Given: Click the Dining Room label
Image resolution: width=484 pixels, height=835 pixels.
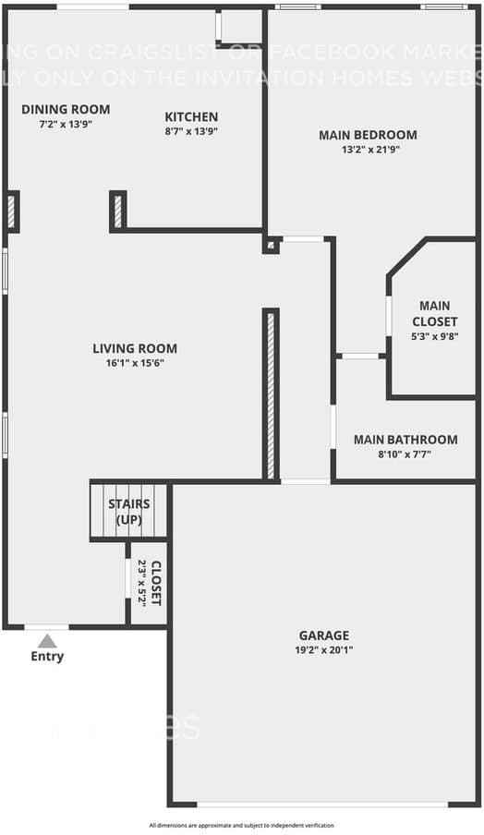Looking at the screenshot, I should coord(57,109).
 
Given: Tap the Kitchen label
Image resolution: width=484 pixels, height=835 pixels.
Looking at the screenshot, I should coord(191,116).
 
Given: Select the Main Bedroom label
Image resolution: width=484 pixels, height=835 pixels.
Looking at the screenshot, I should coord(368,135).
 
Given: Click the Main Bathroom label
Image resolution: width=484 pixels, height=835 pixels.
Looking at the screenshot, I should coord(405,440).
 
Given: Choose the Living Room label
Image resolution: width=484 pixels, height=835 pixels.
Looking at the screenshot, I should coord(135,348).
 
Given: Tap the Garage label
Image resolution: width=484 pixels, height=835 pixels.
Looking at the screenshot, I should coord(323,635).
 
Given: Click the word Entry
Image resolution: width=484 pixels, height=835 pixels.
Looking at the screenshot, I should coord(48,657).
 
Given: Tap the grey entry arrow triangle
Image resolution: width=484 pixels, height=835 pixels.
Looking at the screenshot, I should coord(47,640).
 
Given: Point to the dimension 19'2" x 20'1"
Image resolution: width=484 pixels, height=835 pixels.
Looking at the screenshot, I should coord(323,650).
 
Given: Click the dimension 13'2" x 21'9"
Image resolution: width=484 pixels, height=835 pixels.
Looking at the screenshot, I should coord(368,150).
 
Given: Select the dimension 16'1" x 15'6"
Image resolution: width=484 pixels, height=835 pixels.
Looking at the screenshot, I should coord(135,363).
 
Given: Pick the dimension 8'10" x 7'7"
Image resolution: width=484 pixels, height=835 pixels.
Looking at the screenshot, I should coord(405,454).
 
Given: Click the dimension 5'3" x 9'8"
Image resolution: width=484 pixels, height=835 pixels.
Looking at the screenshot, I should coord(434,337).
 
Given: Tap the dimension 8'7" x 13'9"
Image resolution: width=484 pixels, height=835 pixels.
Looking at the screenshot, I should coord(191,131).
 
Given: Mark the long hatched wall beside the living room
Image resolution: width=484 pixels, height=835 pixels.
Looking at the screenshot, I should coord(271,394).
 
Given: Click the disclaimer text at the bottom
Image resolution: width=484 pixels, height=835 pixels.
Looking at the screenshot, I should coord(242,825).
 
